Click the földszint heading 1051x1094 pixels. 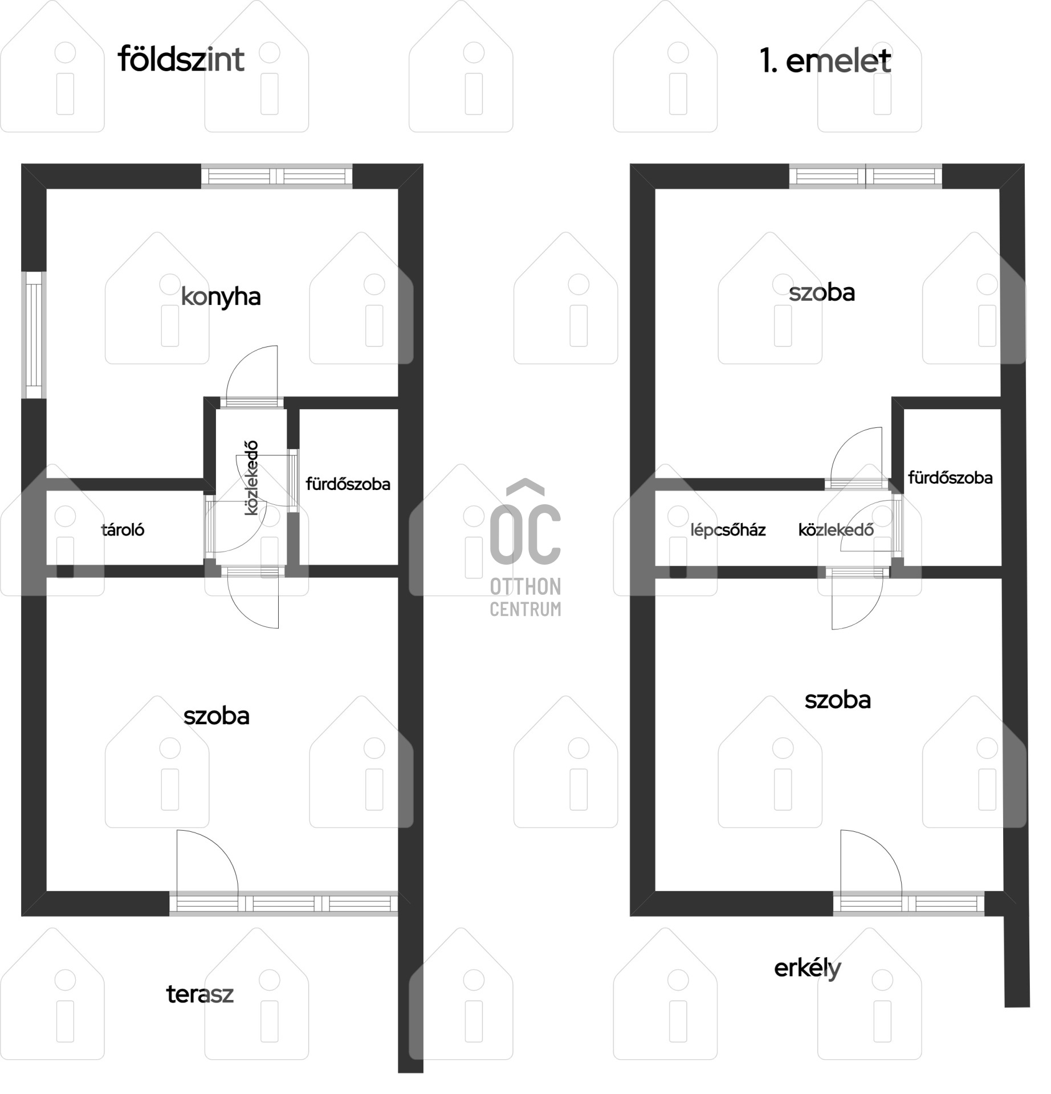(181, 60)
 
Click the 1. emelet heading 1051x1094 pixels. (825, 61)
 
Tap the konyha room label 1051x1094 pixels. (221, 297)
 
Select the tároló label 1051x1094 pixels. (123, 530)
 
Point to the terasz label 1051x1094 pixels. (200, 994)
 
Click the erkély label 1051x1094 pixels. (807, 968)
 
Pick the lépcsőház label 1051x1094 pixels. (728, 530)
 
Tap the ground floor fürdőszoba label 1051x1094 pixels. (348, 484)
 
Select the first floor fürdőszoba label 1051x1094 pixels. (950, 477)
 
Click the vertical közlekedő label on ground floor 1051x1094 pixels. (251, 478)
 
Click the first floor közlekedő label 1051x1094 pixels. (836, 530)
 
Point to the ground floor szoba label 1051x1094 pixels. (217, 716)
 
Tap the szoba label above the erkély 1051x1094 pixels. (838, 700)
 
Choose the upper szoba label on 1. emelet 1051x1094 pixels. (822, 293)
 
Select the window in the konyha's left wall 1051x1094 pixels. (34, 335)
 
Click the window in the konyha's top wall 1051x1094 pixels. (277, 176)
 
